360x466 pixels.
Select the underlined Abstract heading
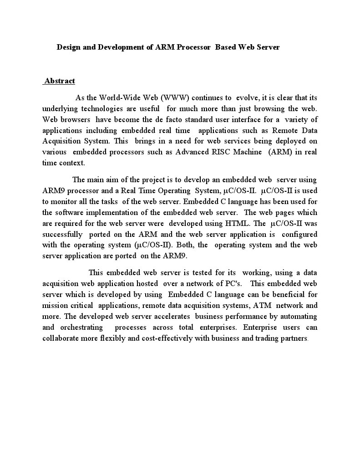(x=60, y=81)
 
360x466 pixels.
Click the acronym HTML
(x=237, y=223)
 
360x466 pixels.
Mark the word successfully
(x=62, y=234)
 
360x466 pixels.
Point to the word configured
(x=299, y=234)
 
